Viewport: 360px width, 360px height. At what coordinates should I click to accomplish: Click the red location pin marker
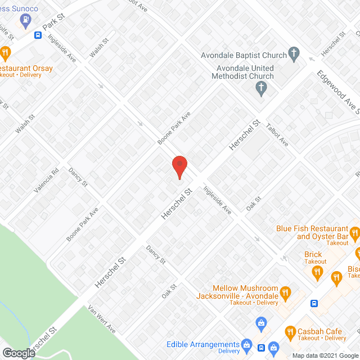point(179,167)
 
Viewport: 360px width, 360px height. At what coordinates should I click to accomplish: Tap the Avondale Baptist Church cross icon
point(293,54)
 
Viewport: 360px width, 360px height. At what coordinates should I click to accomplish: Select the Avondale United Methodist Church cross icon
point(260,88)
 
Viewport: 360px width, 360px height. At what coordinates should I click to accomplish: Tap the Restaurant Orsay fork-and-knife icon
point(6,54)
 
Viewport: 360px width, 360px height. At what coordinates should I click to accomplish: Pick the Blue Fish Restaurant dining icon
point(354,232)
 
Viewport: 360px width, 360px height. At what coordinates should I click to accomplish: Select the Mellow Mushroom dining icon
point(285,292)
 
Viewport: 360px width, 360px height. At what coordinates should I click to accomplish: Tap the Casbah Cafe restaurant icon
point(291,331)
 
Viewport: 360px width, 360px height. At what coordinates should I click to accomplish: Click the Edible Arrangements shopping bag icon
point(246,344)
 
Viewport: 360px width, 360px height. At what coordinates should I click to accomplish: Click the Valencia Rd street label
point(46,182)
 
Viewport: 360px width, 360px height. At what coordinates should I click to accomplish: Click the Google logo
point(18,353)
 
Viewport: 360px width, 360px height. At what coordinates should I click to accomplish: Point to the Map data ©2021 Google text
point(321,355)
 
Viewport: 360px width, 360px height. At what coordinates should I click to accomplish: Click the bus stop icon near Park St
point(38,35)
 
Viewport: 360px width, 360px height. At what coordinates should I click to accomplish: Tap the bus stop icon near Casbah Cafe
point(314,304)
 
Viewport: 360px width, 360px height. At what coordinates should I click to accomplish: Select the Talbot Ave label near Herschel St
point(277,135)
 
